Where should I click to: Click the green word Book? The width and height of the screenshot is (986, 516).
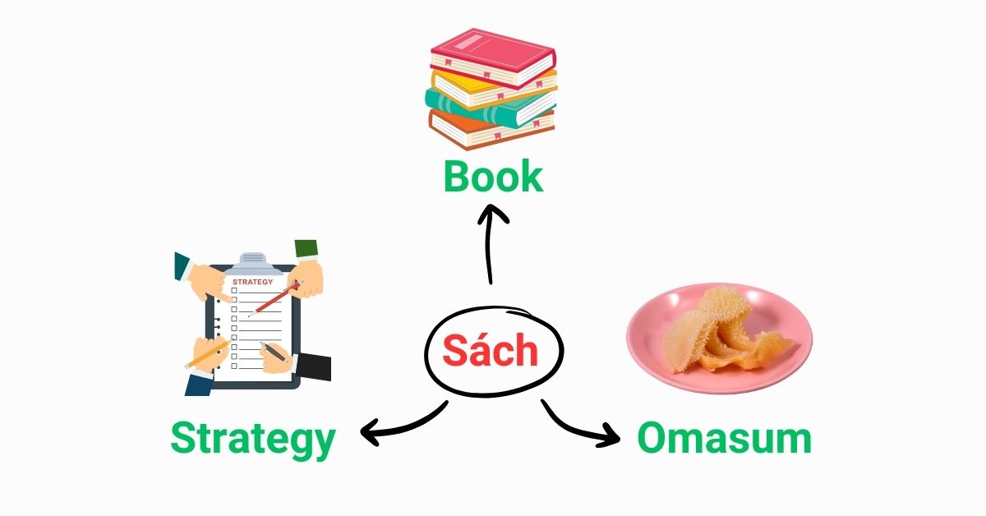tap(494, 177)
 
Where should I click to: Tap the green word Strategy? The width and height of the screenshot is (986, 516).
tap(253, 439)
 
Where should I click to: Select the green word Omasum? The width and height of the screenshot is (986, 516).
tap(725, 438)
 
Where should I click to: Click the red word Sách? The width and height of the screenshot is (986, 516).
tap(491, 350)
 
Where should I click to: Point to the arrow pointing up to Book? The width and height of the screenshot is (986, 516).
tap(489, 243)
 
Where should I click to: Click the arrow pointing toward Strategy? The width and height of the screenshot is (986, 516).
tap(403, 425)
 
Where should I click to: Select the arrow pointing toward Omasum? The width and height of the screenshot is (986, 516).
tap(577, 428)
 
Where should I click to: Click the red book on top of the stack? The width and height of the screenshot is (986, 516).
tap(493, 58)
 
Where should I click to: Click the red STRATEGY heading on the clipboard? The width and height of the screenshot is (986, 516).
tap(253, 282)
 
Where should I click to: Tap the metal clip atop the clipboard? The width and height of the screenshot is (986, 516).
tap(254, 263)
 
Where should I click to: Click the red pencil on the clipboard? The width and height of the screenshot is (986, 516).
tap(275, 299)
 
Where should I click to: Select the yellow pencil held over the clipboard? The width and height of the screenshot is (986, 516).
tap(208, 353)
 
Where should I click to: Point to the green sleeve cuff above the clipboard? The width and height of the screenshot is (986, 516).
tap(306, 248)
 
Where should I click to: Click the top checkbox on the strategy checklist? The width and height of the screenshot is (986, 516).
tap(234, 291)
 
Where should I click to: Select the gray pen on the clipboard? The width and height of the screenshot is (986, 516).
tap(274, 352)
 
